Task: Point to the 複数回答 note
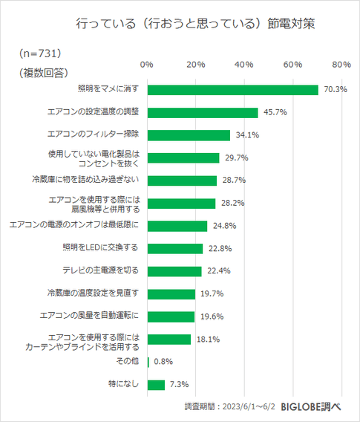43,72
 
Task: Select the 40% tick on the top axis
244,65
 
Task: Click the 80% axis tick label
341,65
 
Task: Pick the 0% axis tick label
147,65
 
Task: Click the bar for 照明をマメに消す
232,90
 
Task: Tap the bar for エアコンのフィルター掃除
189,135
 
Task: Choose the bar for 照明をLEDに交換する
174,248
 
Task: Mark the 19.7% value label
212,293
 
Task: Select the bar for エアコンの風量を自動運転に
171,316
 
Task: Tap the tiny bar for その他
148,362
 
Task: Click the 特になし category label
123,385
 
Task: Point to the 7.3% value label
179,385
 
